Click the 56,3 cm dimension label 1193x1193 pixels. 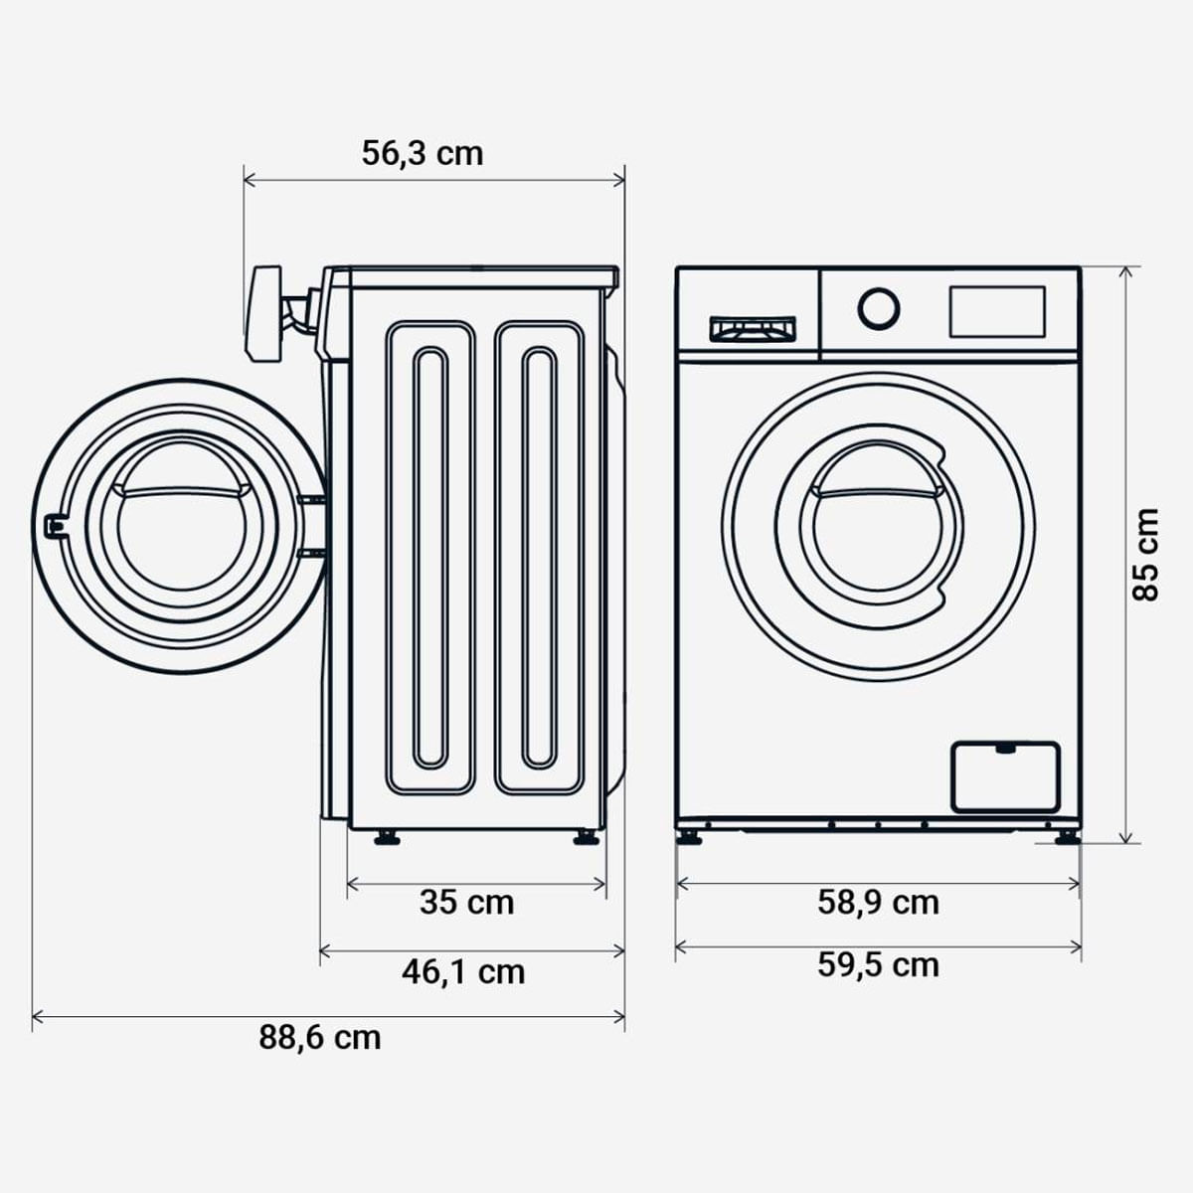(423, 153)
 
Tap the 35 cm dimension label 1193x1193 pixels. (466, 903)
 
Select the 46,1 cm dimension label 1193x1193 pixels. (463, 971)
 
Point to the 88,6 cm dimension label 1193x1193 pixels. (320, 1038)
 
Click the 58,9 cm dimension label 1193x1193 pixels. (878, 903)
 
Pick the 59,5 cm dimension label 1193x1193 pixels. (878, 965)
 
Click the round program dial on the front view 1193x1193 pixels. (879, 308)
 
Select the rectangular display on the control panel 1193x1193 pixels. (997, 311)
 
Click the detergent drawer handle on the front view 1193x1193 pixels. (752, 329)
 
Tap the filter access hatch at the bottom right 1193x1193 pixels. (1005, 776)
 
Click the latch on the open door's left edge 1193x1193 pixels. (54, 526)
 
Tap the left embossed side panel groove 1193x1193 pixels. (430, 557)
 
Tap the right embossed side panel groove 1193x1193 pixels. (538, 557)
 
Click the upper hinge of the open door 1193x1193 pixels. (309, 497)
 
